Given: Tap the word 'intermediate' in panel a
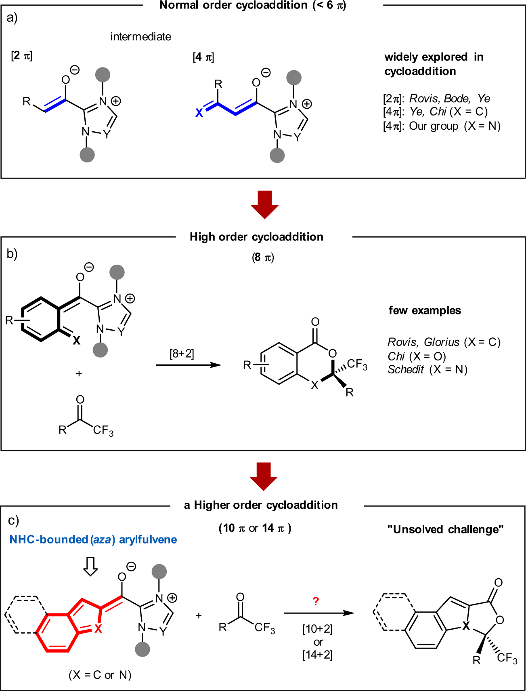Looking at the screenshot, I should pyautogui.click(x=140, y=37).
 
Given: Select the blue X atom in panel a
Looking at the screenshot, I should pyautogui.click(x=199, y=113).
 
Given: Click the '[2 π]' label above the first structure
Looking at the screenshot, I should pyautogui.click(x=22, y=56).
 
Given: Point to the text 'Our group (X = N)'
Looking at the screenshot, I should pyautogui.click(x=455, y=126).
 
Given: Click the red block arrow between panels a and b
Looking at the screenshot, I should pyautogui.click(x=264, y=204).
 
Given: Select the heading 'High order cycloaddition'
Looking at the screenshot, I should pyautogui.click(x=256, y=237).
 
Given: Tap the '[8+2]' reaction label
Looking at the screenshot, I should pyautogui.click(x=182, y=354).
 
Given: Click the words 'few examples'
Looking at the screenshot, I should pyautogui.click(x=425, y=310).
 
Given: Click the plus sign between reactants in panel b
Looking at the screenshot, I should pyautogui.click(x=79, y=373).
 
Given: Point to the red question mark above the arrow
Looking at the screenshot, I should pyautogui.click(x=316, y=601).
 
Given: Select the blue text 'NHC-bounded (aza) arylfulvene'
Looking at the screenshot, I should pyautogui.click(x=93, y=539).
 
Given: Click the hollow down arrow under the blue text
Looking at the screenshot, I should pyautogui.click(x=90, y=566).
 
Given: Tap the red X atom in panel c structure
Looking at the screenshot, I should pyautogui.click(x=98, y=628).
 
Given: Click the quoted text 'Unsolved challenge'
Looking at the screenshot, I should pyautogui.click(x=445, y=529).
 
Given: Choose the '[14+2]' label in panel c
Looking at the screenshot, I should pyautogui.click(x=317, y=655).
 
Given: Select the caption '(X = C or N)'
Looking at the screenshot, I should pyautogui.click(x=100, y=675).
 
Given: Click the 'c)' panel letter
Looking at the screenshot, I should pyautogui.click(x=13, y=520).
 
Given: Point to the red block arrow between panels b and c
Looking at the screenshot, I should pyautogui.click(x=264, y=476).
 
